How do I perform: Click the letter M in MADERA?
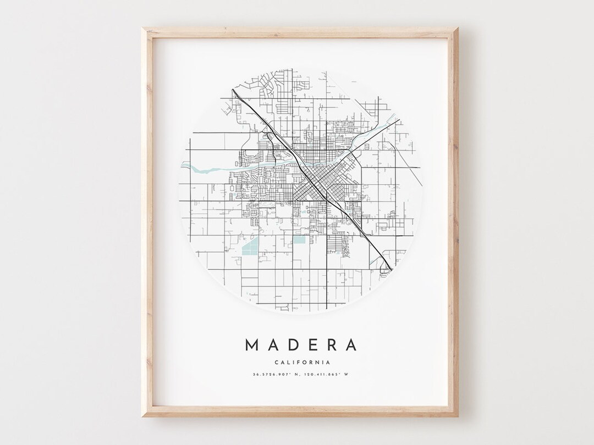pyautogui.click(x=251, y=345)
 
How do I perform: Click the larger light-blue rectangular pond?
pyautogui.click(x=249, y=247)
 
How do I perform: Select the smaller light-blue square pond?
pyautogui.click(x=298, y=240)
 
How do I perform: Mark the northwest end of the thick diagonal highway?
pyautogui.click(x=233, y=91)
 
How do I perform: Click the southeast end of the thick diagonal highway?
pyautogui.click(x=391, y=269)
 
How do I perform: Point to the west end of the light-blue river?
pyautogui.click(x=181, y=164)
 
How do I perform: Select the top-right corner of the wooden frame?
pyautogui.click(x=459, y=27)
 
